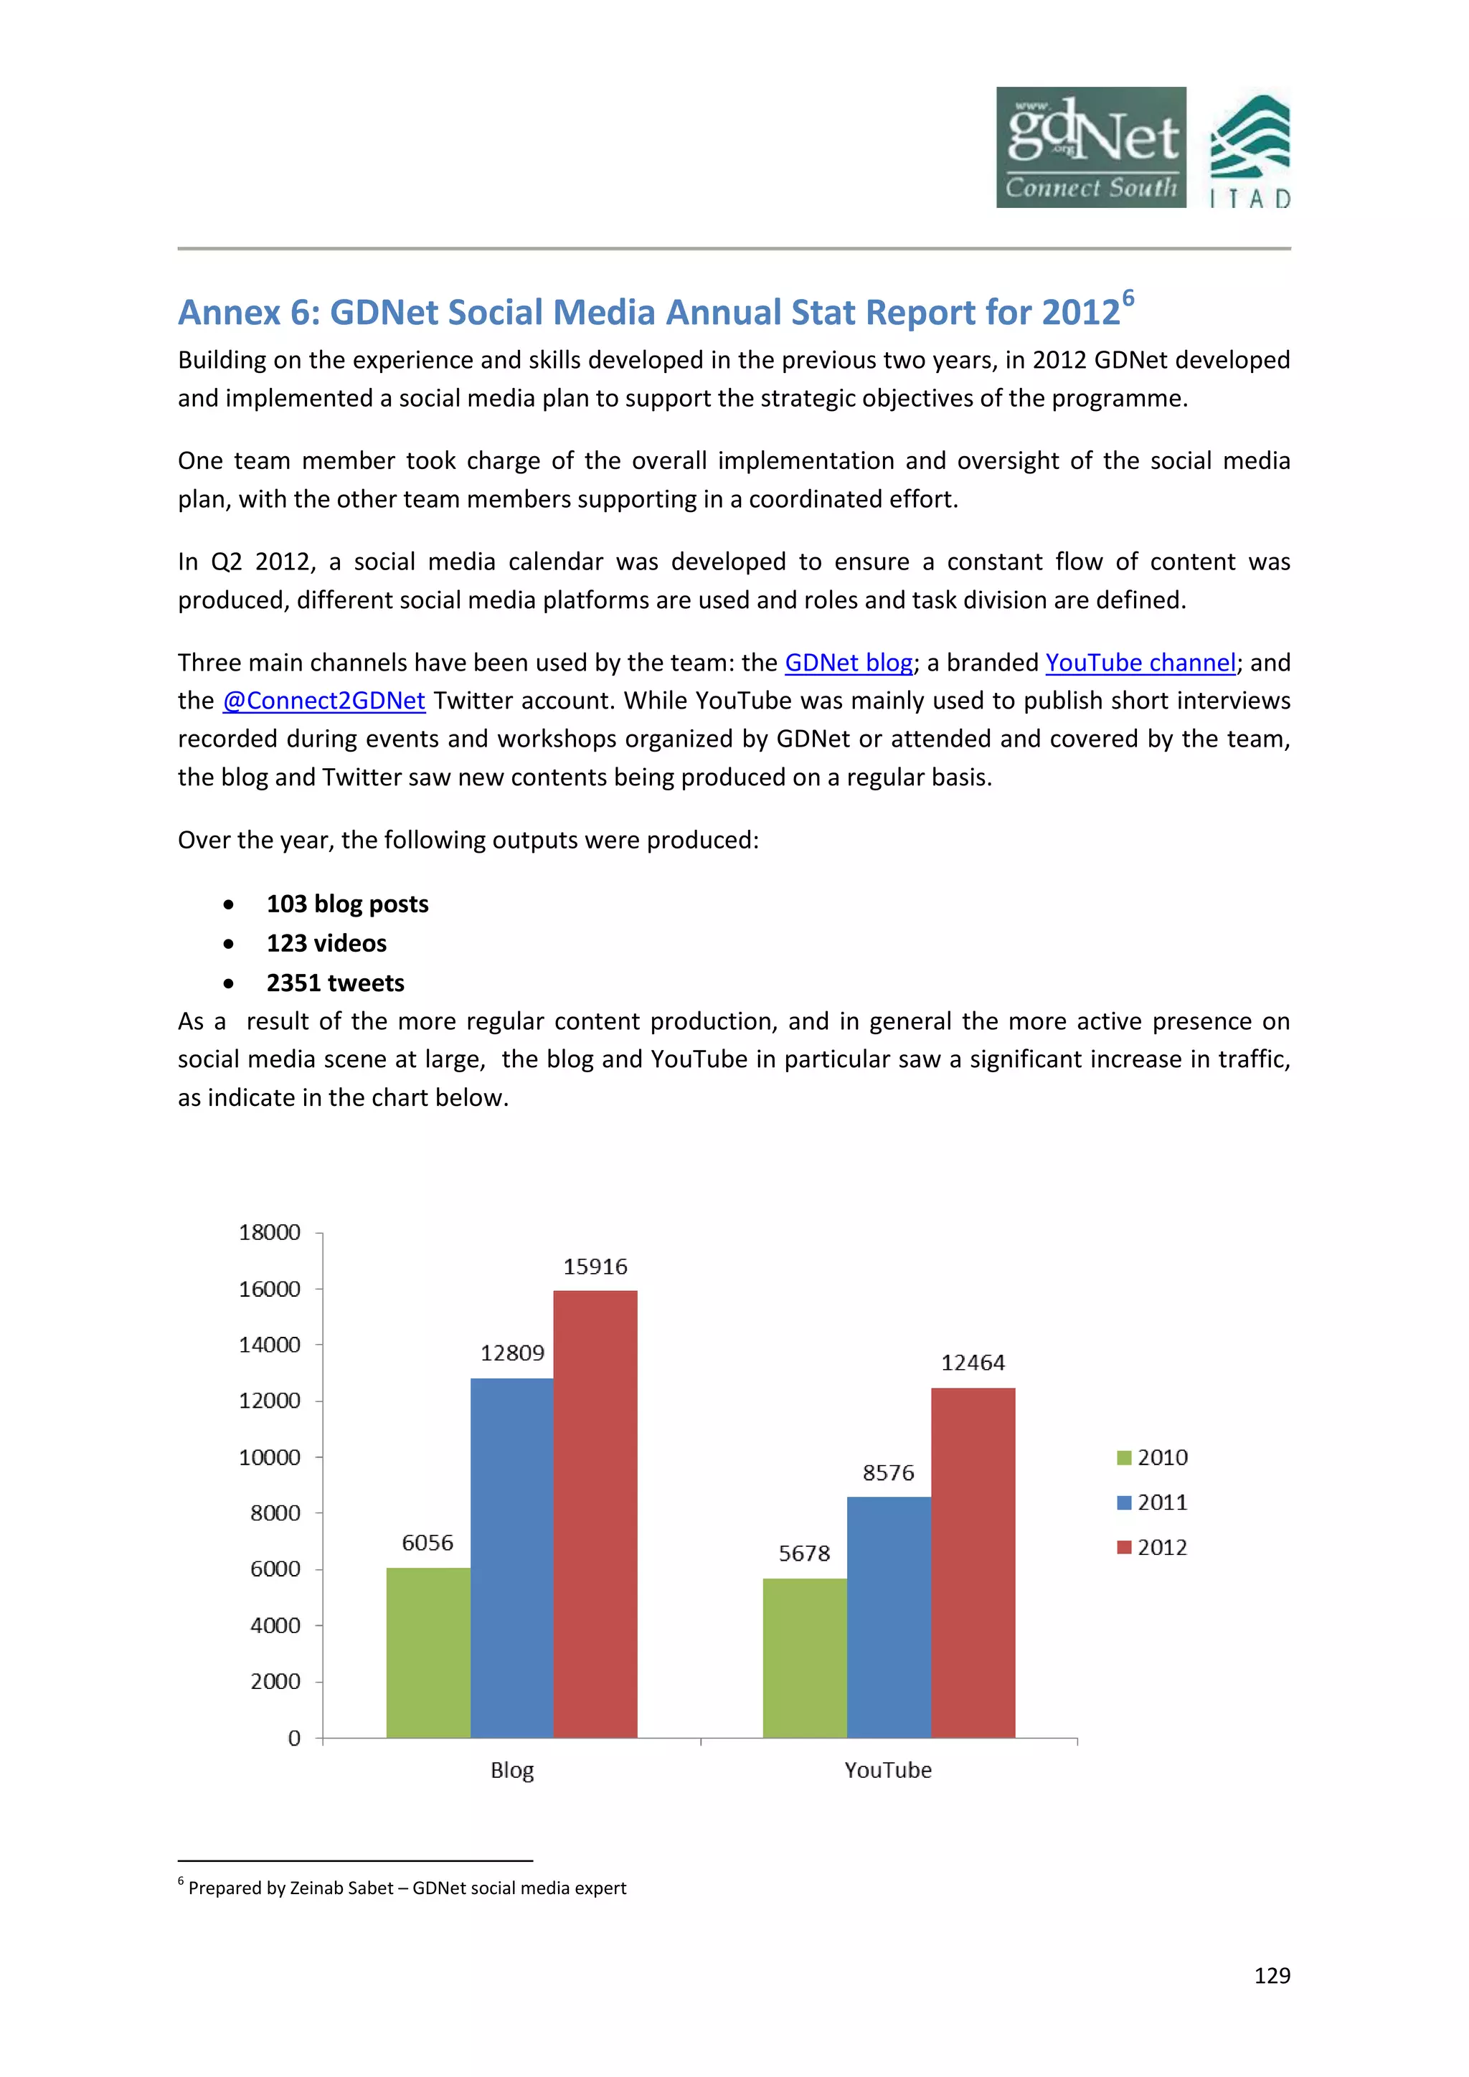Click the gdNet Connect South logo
pyautogui.click(x=1090, y=148)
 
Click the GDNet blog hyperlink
pyautogui.click(x=848, y=663)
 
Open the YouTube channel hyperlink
pyautogui.click(x=1140, y=663)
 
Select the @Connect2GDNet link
pyautogui.click(x=323, y=701)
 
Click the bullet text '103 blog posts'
pyautogui.click(x=347, y=904)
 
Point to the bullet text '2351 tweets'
pyautogui.click(x=335, y=983)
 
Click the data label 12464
pyautogui.click(x=973, y=1363)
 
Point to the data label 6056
pyautogui.click(x=427, y=1543)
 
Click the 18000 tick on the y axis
pyautogui.click(x=270, y=1232)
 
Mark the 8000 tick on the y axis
pyautogui.click(x=275, y=1513)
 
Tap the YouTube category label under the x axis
pyautogui.click(x=887, y=1770)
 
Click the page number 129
pyautogui.click(x=1272, y=1976)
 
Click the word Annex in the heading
pyautogui.click(x=230, y=313)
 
